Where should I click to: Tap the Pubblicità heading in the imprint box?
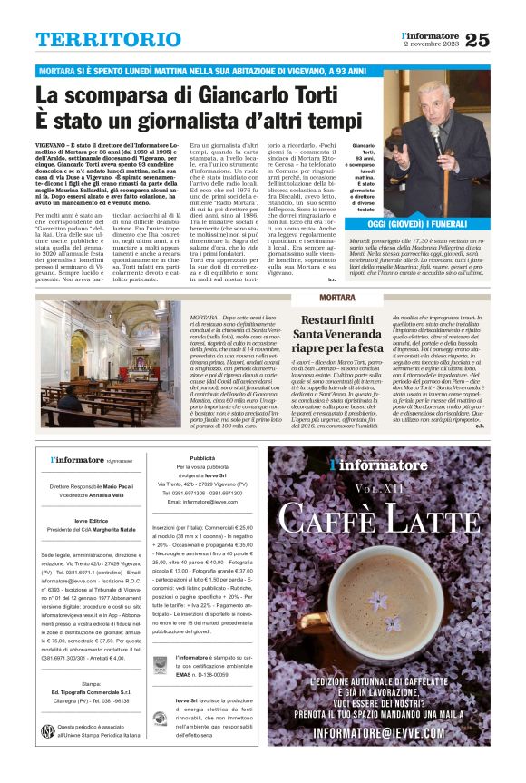(x=201, y=458)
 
